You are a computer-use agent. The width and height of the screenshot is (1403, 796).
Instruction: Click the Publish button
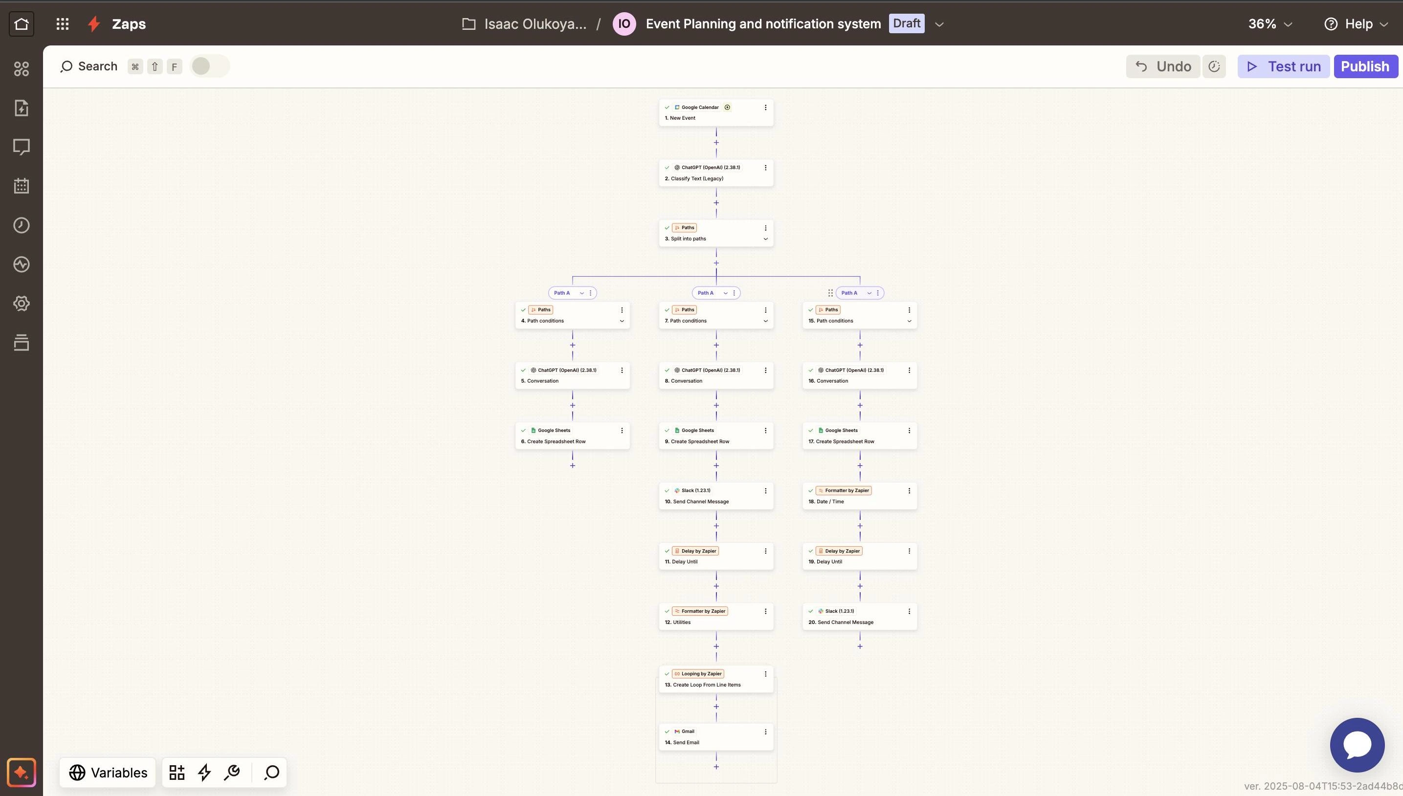1365,66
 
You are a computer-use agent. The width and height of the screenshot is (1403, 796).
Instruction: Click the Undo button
1163,66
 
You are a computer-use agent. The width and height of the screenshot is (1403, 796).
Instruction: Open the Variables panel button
108,773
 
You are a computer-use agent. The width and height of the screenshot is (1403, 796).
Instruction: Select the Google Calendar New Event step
716,112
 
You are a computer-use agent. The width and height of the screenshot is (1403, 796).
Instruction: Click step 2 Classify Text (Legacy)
716,173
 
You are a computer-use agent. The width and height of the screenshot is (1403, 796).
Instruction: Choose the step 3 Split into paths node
716,233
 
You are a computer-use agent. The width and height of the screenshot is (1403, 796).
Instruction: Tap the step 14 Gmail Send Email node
716,737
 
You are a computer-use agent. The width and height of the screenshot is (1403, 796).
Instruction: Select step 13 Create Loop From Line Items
716,679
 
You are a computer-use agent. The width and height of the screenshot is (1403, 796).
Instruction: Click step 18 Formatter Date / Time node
860,496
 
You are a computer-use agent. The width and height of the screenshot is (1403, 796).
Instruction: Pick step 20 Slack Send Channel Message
860,617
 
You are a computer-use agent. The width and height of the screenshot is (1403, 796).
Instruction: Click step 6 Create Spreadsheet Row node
572,436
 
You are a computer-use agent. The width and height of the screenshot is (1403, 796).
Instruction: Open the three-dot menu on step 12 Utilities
765,611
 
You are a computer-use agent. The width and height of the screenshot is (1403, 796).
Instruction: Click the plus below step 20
860,646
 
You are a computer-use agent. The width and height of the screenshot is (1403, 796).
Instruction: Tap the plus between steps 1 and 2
716,143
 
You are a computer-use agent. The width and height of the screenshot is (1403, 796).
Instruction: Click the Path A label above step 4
562,293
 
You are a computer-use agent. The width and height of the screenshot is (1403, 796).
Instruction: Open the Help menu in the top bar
1356,24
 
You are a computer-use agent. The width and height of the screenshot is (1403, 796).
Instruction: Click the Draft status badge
906,23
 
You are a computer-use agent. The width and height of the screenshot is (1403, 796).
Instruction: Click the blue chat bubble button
1357,745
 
